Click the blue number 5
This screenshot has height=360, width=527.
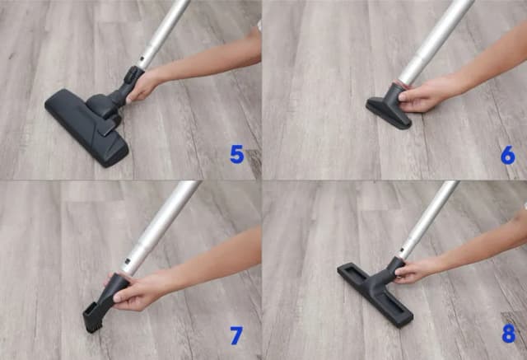pos(237,154)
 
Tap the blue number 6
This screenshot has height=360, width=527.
pos(508,154)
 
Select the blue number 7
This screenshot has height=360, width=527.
pos(236,335)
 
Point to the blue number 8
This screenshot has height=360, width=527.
pos(508,334)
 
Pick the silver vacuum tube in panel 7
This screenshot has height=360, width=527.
pos(161,227)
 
